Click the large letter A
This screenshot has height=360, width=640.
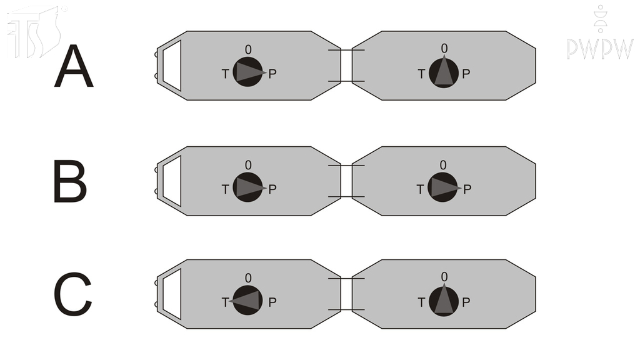74,68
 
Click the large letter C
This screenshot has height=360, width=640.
72,296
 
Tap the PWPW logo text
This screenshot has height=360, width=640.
600,49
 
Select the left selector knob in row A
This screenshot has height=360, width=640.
248,72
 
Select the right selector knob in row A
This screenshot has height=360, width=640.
443,72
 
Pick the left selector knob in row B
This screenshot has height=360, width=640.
248,187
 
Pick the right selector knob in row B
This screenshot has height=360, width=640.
443,187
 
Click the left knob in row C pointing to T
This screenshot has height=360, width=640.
247,301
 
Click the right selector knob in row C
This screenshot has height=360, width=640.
443,301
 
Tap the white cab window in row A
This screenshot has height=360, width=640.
172,66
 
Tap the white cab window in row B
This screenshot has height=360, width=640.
172,181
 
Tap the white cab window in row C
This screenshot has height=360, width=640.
172,294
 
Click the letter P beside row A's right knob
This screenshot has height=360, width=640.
466,74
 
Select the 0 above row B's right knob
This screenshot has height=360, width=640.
443,165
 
